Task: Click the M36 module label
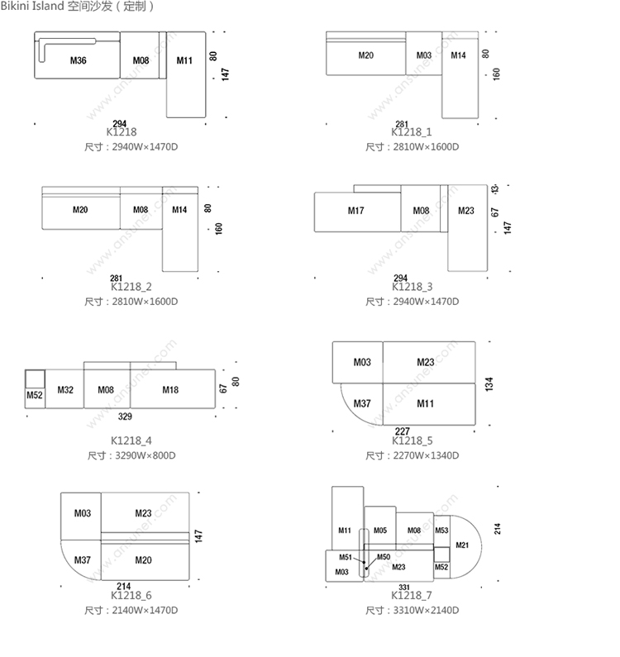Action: [79, 60]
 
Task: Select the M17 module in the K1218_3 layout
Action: [356, 211]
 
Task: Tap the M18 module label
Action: [170, 389]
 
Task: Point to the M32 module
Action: [65, 389]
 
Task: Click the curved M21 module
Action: [462, 545]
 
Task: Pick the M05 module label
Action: [380, 531]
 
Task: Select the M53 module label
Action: [441, 531]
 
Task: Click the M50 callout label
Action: [384, 557]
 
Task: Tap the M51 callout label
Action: [346, 557]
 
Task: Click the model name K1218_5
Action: [412, 441]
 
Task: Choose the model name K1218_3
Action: [412, 287]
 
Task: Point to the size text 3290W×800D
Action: [141, 455]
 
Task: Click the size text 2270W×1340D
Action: [422, 455]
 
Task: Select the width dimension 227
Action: [402, 431]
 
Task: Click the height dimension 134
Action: [489, 384]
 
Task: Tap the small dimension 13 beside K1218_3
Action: [494, 189]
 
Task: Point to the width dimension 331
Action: [404, 587]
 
